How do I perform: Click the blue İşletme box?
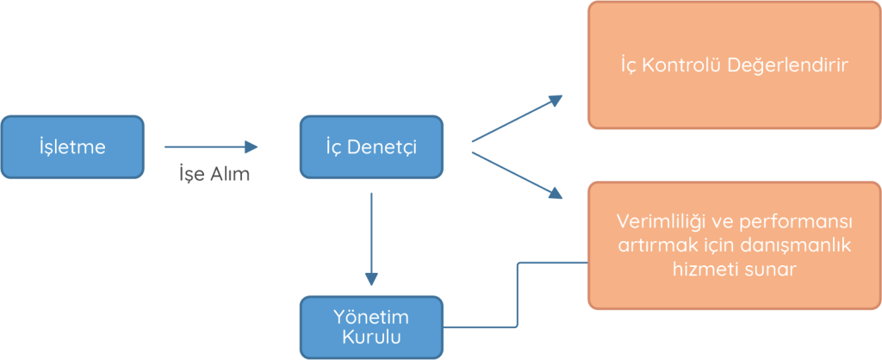[x=72, y=147]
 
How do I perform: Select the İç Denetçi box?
[x=370, y=147]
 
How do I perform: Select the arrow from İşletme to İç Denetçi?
[x=210, y=147]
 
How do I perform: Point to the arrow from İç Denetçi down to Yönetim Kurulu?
[x=371, y=238]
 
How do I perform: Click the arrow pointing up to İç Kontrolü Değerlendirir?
[x=517, y=118]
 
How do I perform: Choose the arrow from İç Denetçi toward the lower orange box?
[x=517, y=175]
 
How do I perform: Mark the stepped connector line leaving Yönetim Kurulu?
[x=517, y=293]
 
